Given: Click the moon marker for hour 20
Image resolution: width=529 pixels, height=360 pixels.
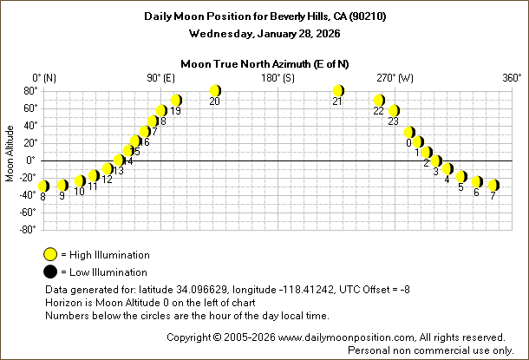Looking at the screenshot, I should (215, 91).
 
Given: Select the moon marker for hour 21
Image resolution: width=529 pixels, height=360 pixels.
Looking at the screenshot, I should (338, 91).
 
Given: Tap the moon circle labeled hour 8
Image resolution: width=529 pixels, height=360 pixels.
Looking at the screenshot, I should (43, 186).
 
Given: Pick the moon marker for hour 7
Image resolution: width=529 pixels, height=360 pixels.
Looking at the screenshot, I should (493, 185).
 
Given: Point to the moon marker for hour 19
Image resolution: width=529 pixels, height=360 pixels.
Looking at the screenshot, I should (176, 101).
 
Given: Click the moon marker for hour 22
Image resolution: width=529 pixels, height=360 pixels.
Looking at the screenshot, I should (379, 101).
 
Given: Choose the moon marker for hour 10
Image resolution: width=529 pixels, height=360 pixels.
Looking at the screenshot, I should (79, 181).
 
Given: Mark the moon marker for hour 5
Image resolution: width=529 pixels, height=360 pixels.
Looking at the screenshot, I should (461, 177).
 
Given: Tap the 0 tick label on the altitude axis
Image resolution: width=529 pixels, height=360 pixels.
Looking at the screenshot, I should (31, 160).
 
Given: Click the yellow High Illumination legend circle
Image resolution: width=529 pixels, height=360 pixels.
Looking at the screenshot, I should (51, 255).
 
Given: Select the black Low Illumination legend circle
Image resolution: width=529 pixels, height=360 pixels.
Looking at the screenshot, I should (51, 272).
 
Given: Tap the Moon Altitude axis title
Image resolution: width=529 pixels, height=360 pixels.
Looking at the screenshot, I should (10, 160).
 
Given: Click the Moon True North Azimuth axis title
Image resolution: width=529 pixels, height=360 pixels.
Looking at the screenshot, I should (264, 63).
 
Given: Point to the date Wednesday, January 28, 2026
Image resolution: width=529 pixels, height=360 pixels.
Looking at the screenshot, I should (264, 34).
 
